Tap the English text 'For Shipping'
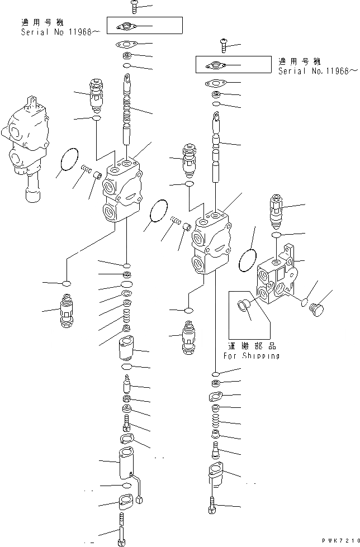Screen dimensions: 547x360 coord(252,355)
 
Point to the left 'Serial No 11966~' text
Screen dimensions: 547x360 coord(60,32)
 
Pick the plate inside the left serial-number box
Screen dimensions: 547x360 coord(126,26)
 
